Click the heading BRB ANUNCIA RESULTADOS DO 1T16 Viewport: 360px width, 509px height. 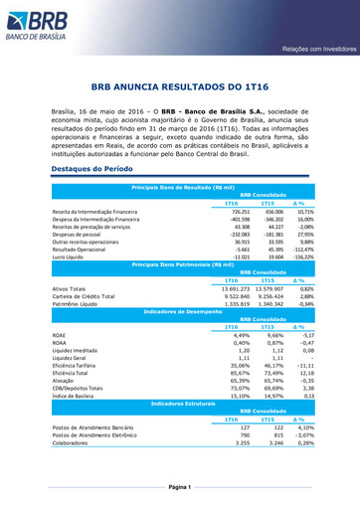coord(180,86)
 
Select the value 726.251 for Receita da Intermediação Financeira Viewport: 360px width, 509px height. coord(237,212)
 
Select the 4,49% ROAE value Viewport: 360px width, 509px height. coord(239,335)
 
